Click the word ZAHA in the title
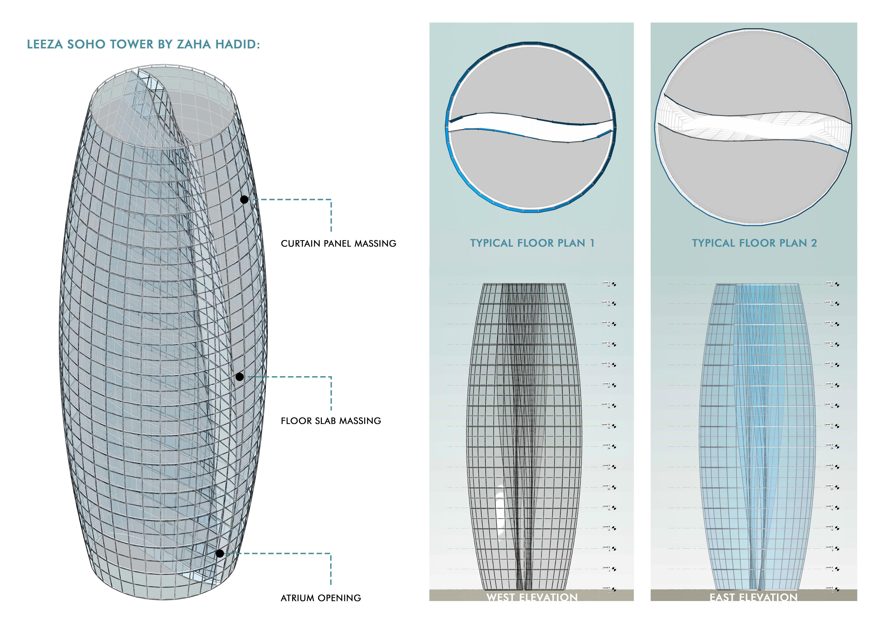pyautogui.click(x=194, y=44)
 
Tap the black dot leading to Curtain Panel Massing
pyautogui.click(x=244, y=199)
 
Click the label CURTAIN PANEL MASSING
pyautogui.click(x=338, y=244)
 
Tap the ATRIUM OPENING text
pyautogui.click(x=321, y=598)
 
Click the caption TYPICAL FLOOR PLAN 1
pyautogui.click(x=532, y=243)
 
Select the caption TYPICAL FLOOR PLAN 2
pyautogui.click(x=754, y=243)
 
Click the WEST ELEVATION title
pyautogui.click(x=532, y=597)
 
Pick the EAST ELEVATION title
pyautogui.click(x=754, y=597)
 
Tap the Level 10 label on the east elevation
pyautogui.click(x=829, y=424)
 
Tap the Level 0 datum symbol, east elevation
pyautogui.click(x=837, y=590)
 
